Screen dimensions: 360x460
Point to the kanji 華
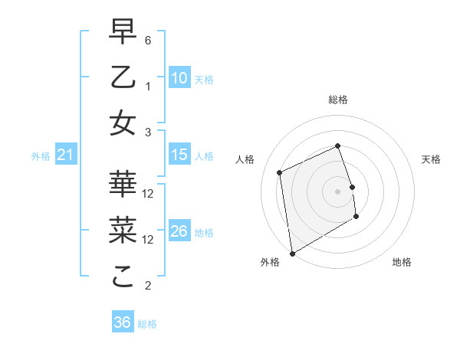123,184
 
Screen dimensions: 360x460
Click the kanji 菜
123,230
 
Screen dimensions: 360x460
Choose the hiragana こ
123,277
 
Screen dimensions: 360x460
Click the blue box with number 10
179,78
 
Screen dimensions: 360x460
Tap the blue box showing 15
179,155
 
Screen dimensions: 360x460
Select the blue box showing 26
179,231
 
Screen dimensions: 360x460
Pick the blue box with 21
66,155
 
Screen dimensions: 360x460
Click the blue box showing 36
122,322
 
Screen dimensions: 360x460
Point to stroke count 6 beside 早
148,40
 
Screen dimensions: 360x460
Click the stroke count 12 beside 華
149,193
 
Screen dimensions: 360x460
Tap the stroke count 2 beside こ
148,286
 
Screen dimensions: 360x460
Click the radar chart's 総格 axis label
337,100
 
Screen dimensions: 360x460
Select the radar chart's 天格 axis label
432,159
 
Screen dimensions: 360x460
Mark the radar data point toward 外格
292,253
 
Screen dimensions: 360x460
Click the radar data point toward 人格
280,172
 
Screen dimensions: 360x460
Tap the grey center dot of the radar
337,191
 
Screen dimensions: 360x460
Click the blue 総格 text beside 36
147,324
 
